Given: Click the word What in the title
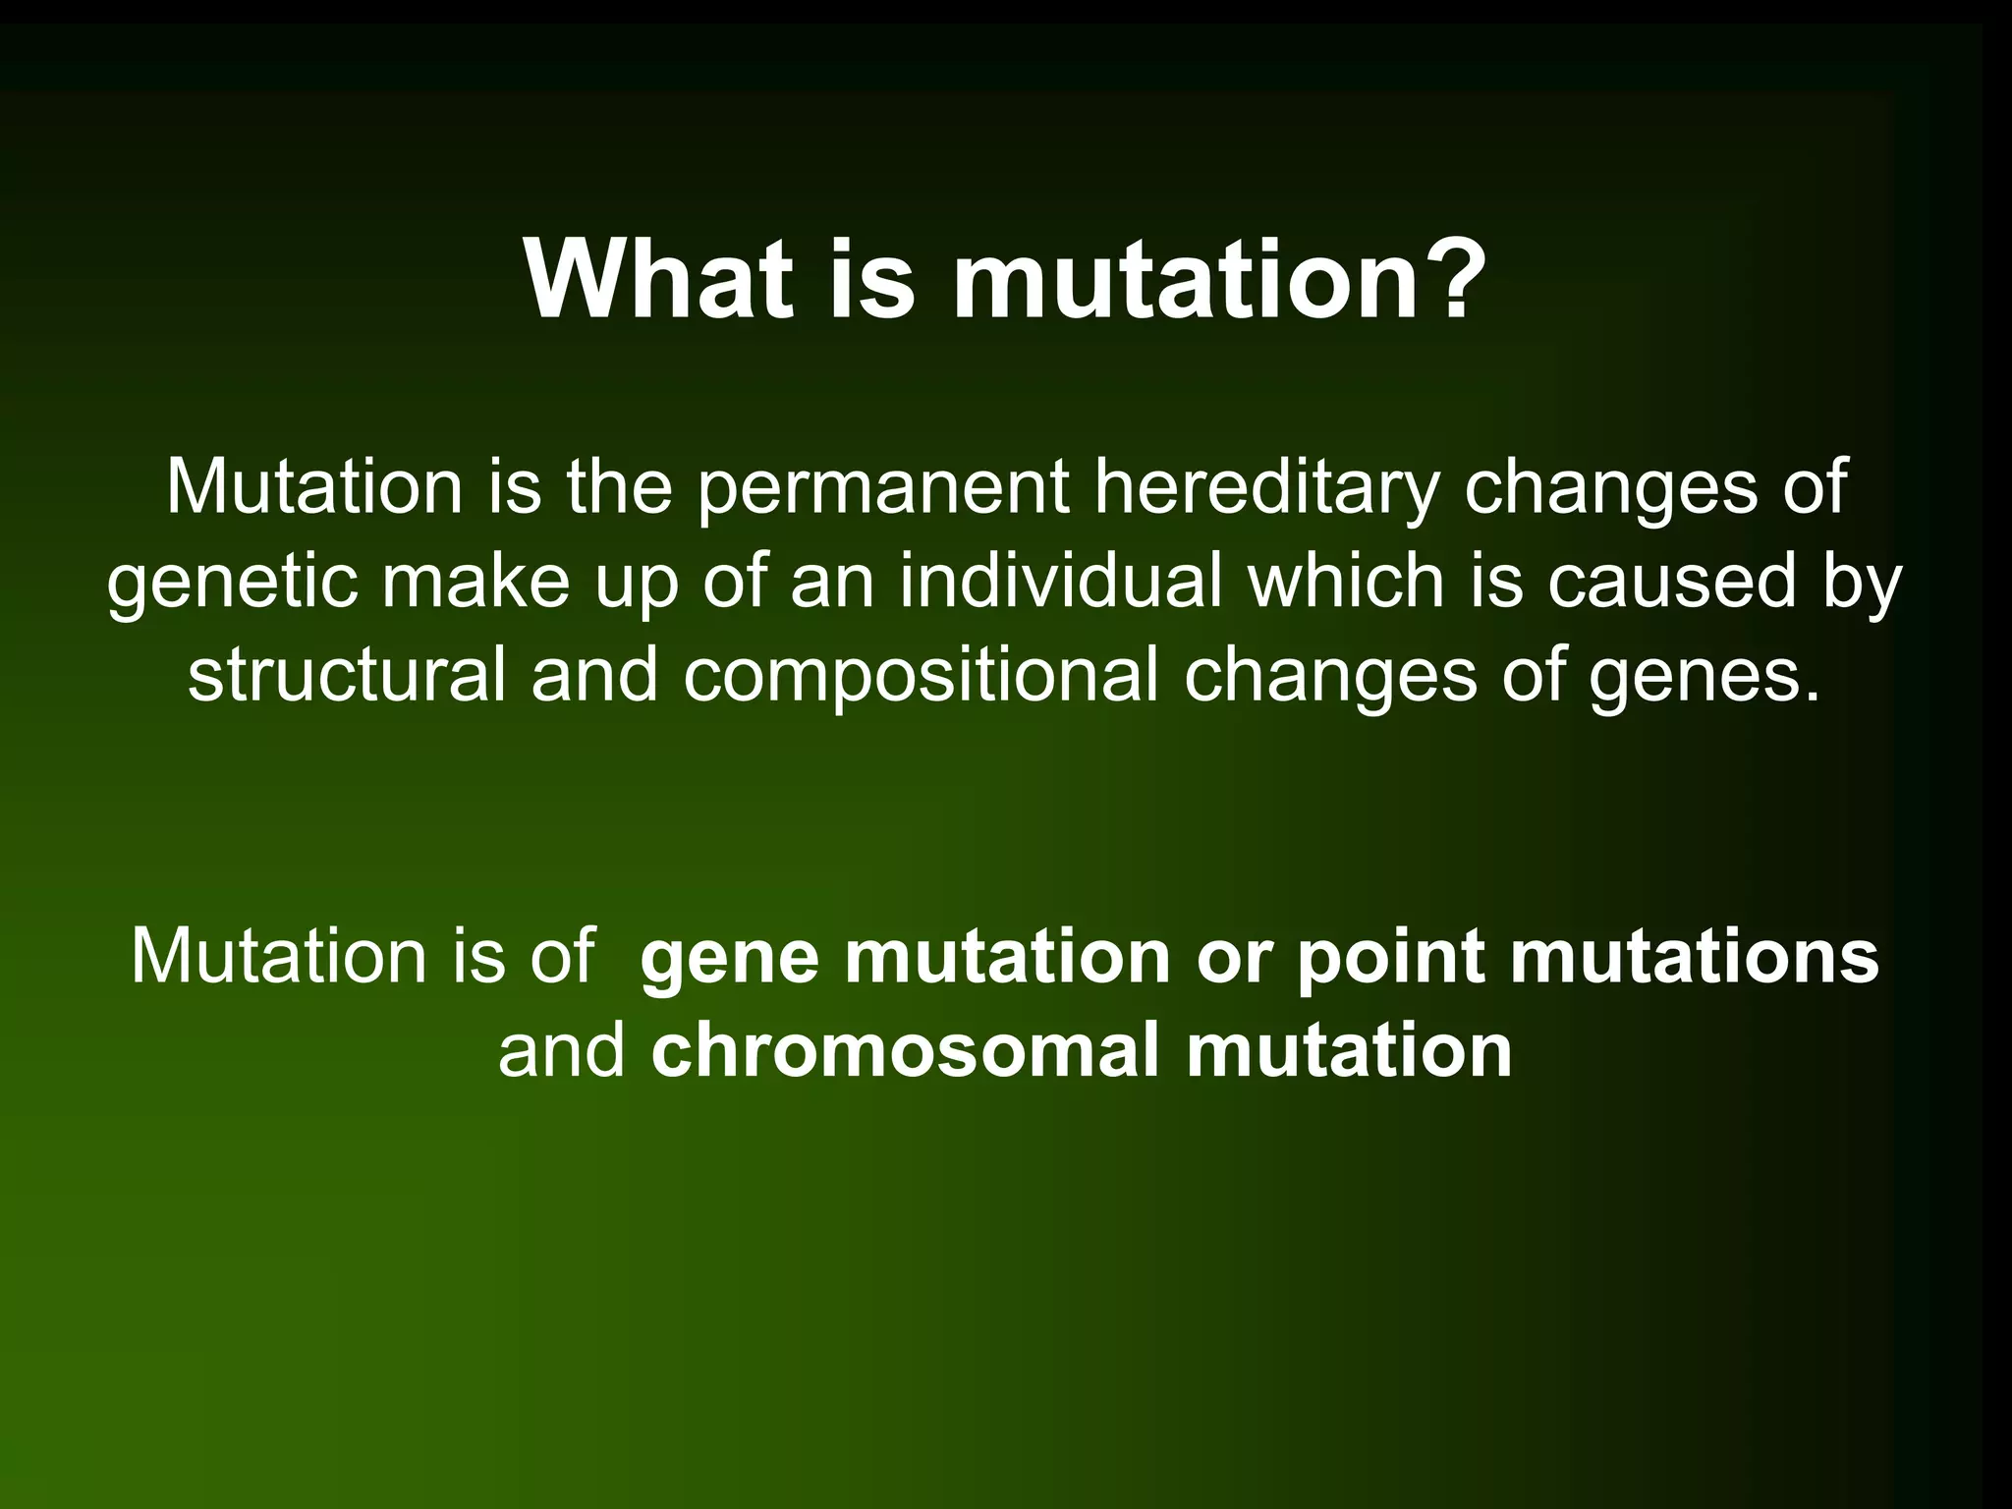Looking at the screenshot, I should [x=659, y=279].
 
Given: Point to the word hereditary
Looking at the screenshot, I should [x=1266, y=487].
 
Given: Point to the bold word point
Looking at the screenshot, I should [x=1389, y=958].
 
